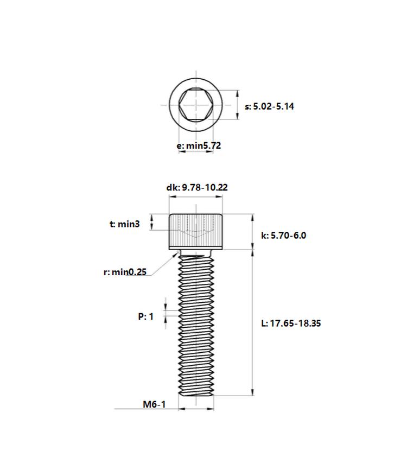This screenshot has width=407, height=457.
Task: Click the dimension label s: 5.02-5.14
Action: click(x=269, y=106)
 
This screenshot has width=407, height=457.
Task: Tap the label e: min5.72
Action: click(x=199, y=145)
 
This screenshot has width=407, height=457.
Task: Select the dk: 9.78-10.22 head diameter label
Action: click(x=197, y=187)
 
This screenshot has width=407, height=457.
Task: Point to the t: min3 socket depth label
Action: click(x=124, y=224)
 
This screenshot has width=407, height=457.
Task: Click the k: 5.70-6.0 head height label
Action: click(x=283, y=235)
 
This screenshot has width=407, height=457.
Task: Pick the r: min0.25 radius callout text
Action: click(x=125, y=272)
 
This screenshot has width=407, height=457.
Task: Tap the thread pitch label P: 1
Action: click(x=145, y=316)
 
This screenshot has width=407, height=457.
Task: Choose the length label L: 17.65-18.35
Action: click(x=291, y=323)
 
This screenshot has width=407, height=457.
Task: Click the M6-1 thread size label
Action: click(x=154, y=404)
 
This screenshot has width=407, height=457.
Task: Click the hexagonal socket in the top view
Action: click(x=196, y=105)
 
